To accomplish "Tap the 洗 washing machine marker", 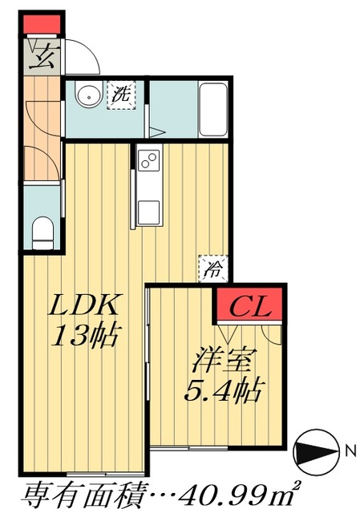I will click(122, 95).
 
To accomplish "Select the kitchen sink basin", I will click(149, 211).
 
